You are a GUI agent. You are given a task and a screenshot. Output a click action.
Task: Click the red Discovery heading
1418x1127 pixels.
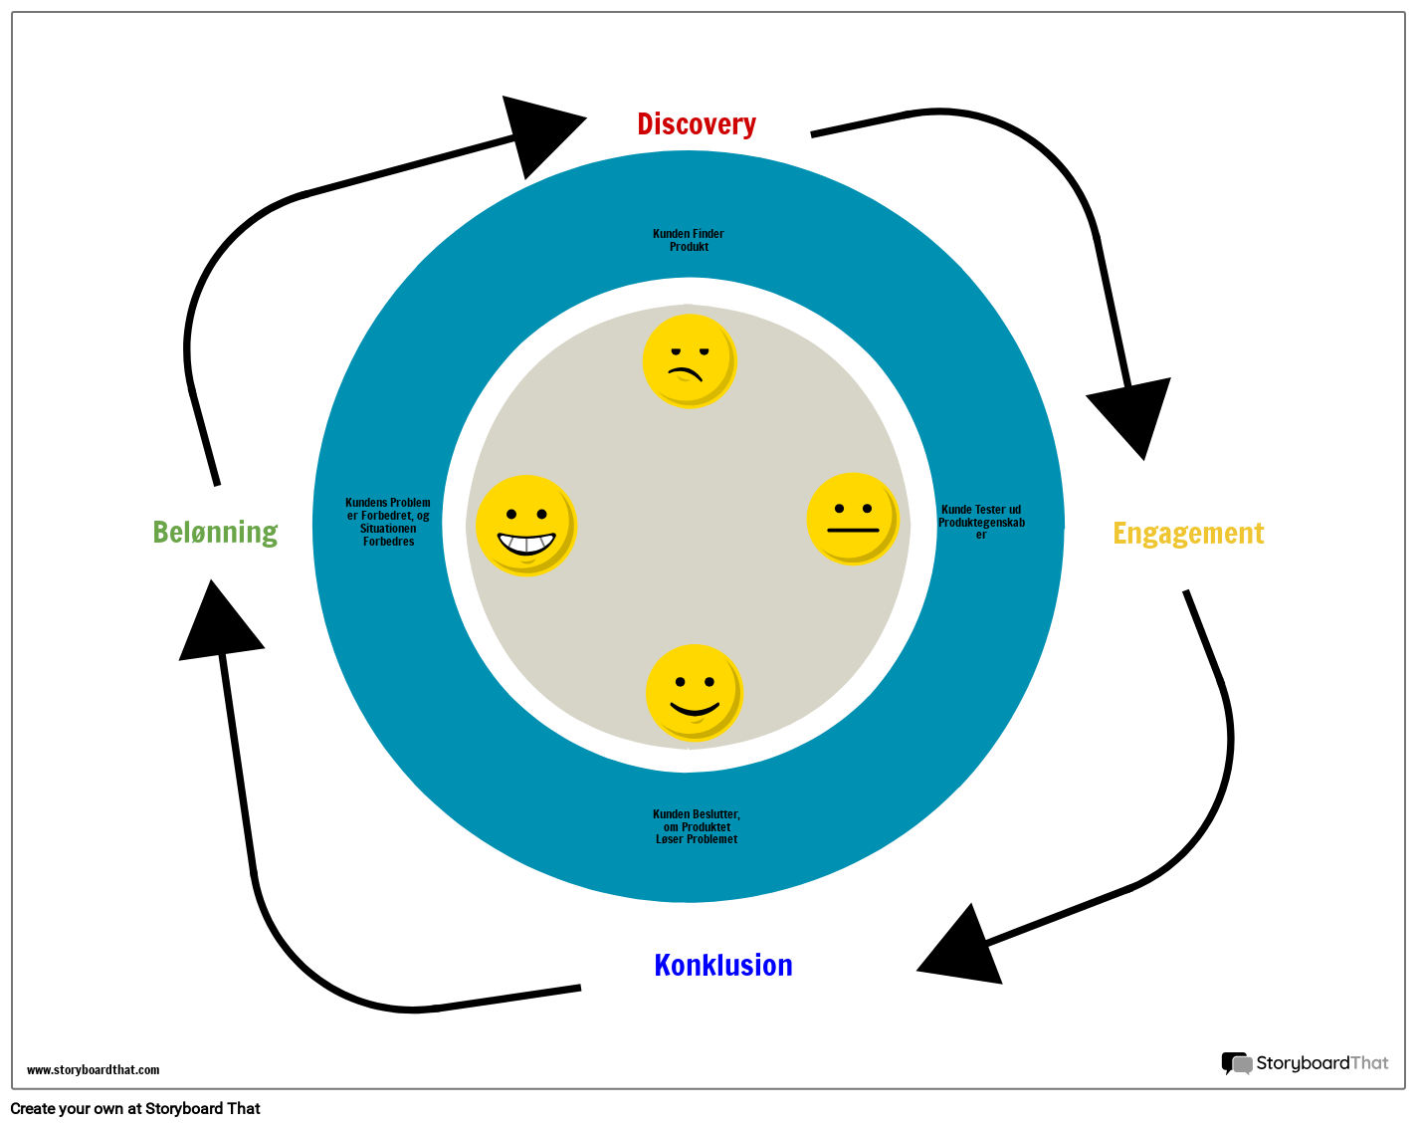point(697,124)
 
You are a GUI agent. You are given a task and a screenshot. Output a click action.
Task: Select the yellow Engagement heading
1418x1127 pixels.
point(1188,534)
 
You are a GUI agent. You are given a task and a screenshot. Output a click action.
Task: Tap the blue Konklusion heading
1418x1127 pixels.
point(723,965)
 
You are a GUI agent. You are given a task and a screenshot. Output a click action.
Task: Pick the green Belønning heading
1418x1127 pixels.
point(215,533)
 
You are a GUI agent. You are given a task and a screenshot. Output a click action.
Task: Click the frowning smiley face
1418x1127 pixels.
point(689,360)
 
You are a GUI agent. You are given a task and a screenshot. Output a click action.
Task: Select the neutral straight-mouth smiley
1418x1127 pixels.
point(852,519)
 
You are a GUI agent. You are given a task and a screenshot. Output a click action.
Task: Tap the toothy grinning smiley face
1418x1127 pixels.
point(525,525)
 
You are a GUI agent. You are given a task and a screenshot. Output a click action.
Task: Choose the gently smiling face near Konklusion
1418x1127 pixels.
point(694,692)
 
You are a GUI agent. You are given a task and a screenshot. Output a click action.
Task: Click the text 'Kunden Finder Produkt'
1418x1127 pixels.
point(689,240)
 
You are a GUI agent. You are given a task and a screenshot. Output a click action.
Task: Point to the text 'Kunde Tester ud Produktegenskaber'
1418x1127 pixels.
point(981,522)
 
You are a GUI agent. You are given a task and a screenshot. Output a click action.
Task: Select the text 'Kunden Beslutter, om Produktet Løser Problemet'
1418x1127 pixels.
point(697,826)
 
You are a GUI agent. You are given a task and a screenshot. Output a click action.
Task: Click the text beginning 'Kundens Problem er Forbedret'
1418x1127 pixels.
point(388,522)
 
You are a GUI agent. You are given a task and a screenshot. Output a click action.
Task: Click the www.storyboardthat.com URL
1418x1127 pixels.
point(93,1070)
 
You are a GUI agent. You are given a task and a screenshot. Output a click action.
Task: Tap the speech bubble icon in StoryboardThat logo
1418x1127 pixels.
point(1236,1063)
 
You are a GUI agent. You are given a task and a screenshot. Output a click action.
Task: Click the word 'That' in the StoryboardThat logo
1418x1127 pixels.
point(1369,1063)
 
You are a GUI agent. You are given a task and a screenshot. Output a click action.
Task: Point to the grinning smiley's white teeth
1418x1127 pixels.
point(525,545)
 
